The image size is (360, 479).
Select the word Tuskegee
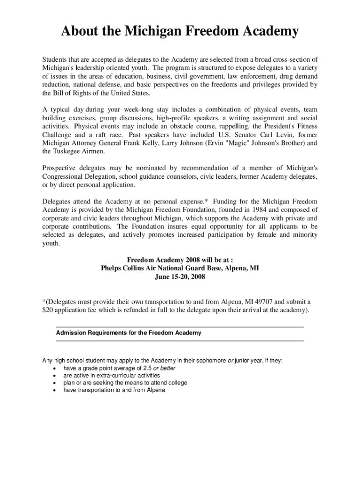pos(70,151)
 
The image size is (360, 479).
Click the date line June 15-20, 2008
pos(180,276)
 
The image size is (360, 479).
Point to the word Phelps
pos(112,268)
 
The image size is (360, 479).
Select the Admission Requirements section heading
pos(129,333)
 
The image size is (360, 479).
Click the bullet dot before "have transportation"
pos(54,390)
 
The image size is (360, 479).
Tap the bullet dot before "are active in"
pos(54,376)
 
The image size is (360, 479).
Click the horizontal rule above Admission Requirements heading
pos(180,327)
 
